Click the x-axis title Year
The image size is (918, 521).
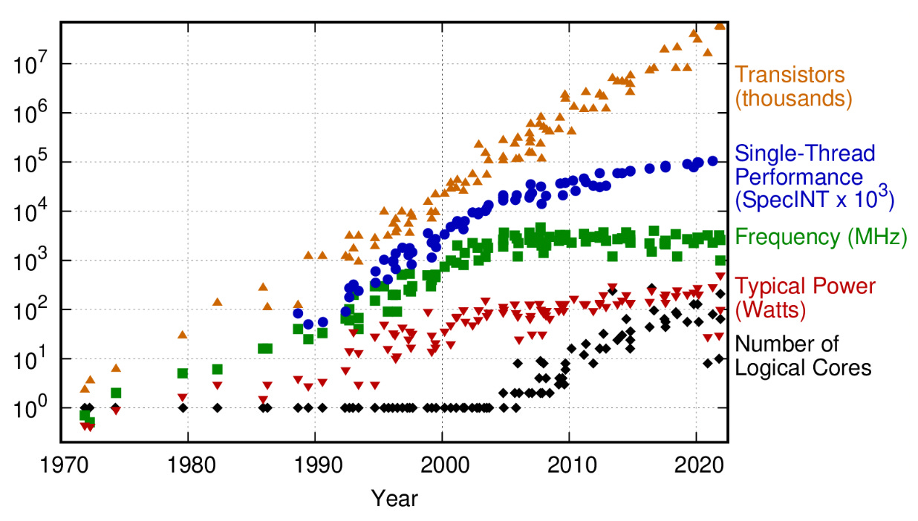click(x=394, y=497)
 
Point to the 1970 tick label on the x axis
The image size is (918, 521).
click(x=62, y=467)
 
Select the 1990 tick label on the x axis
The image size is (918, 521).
click(x=316, y=467)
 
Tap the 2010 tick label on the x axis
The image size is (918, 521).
click(x=570, y=467)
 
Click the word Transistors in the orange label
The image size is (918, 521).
click(x=790, y=74)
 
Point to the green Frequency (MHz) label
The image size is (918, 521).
click(x=821, y=237)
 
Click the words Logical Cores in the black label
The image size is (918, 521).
click(x=803, y=367)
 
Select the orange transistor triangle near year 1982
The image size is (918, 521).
click(x=218, y=302)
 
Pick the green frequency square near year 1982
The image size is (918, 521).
click(x=218, y=369)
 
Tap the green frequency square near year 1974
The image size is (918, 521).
click(x=116, y=393)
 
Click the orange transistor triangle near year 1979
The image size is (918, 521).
click(x=182, y=335)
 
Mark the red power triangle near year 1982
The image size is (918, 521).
click(x=218, y=386)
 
